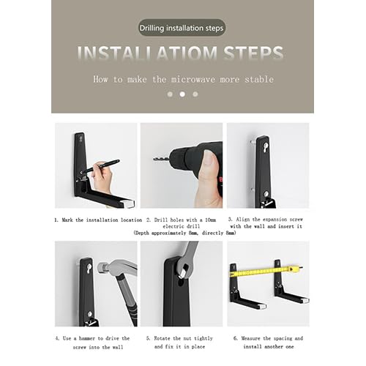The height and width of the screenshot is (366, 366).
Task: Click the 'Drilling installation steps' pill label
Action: point(182,28)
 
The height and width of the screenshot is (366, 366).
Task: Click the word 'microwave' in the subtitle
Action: point(193,79)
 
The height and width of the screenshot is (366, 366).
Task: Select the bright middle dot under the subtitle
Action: point(182,94)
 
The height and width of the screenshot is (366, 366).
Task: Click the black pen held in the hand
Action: point(102,166)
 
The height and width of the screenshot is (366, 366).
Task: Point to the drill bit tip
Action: point(154,159)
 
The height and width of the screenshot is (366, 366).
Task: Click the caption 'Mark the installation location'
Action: point(102,220)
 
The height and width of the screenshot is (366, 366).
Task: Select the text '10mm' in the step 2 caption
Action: point(210,220)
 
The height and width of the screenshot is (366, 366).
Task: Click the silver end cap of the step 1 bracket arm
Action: point(131,203)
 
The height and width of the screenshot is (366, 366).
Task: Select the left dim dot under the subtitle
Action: point(170,94)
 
